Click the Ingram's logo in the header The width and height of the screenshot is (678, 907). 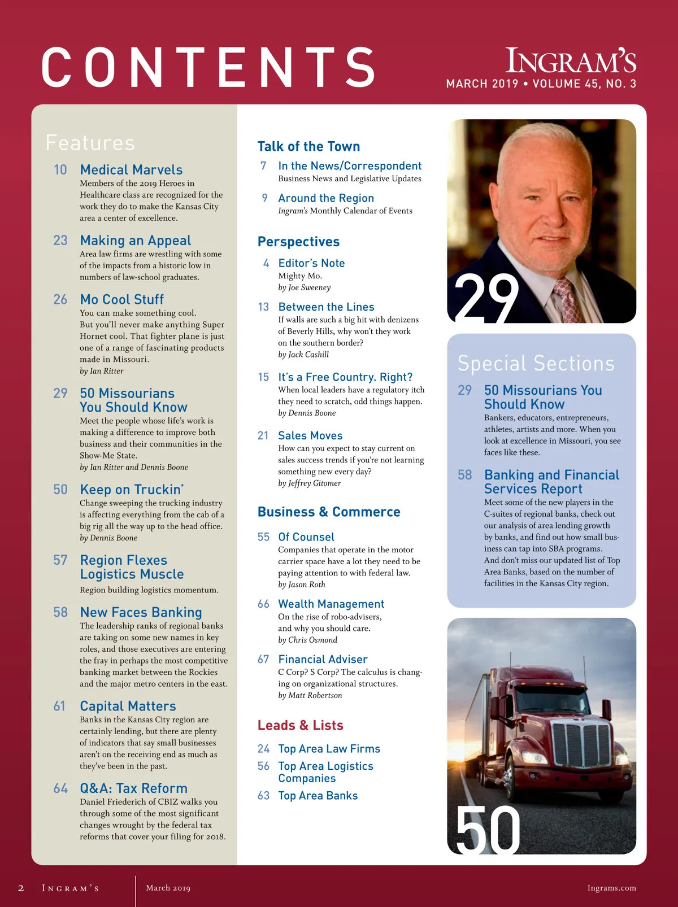[x=571, y=61]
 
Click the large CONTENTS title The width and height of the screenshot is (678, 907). [x=208, y=68]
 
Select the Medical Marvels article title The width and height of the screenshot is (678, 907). [x=131, y=170]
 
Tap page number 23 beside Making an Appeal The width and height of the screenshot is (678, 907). [x=60, y=241]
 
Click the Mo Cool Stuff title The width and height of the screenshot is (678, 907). [x=121, y=299]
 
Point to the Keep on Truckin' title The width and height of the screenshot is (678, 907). [x=132, y=490]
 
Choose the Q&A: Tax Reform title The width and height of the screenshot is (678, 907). [x=133, y=788]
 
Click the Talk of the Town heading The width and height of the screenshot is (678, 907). [x=308, y=147]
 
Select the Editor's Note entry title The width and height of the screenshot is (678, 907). [x=311, y=263]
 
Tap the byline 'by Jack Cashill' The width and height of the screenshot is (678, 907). [x=303, y=355]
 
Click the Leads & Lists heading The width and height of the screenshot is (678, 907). [x=300, y=726]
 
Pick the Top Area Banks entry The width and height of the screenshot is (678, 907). [x=318, y=796]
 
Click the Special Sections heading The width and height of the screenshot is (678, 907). [x=536, y=364]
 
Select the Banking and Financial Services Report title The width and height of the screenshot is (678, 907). [x=551, y=482]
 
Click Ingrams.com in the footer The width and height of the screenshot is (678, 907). [x=611, y=888]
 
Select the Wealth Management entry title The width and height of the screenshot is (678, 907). [x=331, y=604]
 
